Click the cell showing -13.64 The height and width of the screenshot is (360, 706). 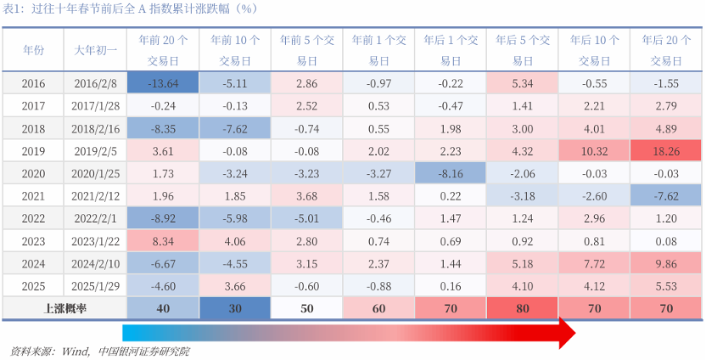point(161,83)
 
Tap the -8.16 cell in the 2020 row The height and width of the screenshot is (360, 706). point(451,172)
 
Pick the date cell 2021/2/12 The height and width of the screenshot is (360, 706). point(94,194)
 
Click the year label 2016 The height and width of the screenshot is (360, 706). point(33,83)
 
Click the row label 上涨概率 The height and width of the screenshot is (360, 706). point(64,307)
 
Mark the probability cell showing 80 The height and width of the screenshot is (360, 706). point(522,307)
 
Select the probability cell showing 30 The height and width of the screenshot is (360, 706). point(234,307)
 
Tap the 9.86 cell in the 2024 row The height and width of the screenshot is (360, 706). point(666,262)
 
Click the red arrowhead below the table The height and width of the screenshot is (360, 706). point(565,333)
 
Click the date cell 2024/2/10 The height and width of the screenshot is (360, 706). point(94,262)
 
